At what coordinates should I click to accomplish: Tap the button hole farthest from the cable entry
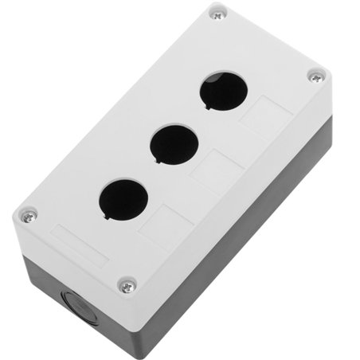click(x=222, y=92)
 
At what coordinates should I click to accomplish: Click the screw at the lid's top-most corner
click(x=217, y=14)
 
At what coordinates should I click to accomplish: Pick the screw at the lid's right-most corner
click(x=316, y=76)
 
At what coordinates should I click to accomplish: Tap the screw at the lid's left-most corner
click(x=29, y=214)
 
